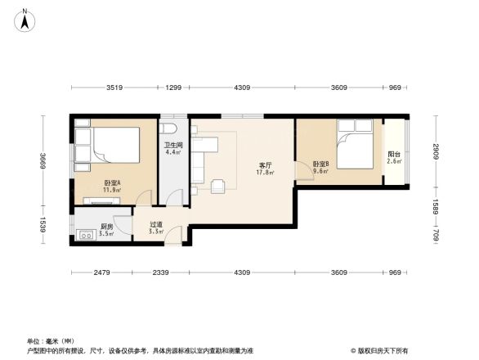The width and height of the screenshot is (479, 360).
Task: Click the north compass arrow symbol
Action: (25, 19)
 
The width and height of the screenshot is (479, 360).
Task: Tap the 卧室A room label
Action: (112, 182)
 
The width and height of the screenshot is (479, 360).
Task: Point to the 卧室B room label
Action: (320, 164)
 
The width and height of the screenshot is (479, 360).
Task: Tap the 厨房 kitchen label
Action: (106, 227)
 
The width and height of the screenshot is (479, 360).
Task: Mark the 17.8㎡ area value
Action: (265, 173)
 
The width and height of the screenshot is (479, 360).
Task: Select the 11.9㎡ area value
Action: (112, 190)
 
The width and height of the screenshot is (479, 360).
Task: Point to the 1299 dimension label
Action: (173, 88)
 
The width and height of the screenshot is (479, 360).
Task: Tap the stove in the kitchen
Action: (84, 236)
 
